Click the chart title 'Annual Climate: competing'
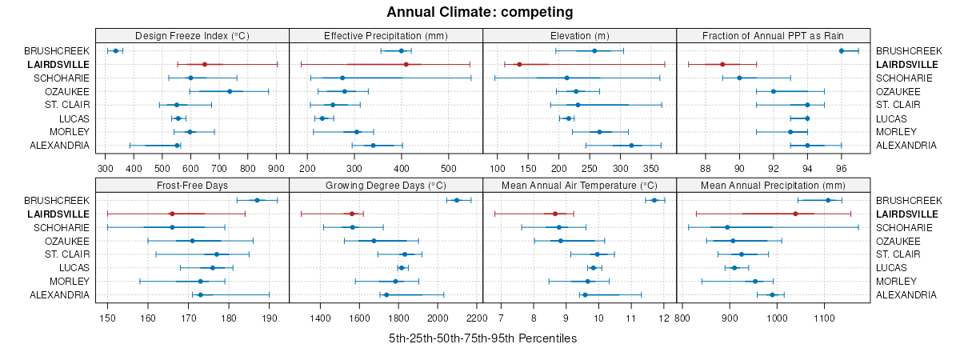[x=479, y=12]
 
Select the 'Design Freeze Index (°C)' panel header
[x=192, y=35]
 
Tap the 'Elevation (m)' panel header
[x=580, y=35]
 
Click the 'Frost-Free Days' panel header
[x=192, y=185]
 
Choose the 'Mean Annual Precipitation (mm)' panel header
[x=773, y=185]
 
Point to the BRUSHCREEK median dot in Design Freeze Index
[x=115, y=50]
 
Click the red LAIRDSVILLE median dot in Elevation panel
[x=519, y=64]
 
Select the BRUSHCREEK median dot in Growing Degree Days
[x=457, y=200]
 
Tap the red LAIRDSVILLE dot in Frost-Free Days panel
[x=172, y=214]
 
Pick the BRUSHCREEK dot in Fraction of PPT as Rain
[x=842, y=50]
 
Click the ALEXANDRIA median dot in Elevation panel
[x=631, y=146]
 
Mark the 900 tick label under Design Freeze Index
[x=276, y=170]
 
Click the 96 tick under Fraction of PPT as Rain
[x=842, y=170]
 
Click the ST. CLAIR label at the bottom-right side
[x=896, y=254]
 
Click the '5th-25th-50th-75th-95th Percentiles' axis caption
[x=482, y=338]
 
